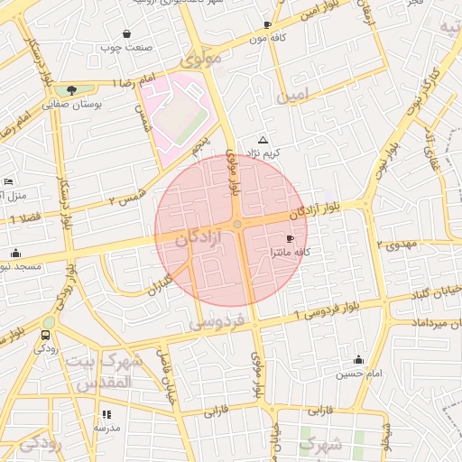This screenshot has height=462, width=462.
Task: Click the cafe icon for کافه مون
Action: pyautogui.click(x=267, y=24)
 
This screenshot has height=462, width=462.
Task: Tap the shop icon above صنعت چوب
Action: pyautogui.click(x=137, y=32)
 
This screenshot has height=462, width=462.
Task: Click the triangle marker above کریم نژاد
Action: pyautogui.click(x=263, y=140)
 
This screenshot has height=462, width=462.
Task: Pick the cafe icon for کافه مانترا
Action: pyautogui.click(x=289, y=238)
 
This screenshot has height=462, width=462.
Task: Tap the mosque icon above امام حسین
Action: pyautogui.click(x=358, y=359)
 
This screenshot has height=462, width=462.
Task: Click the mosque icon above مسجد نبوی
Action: pyautogui.click(x=15, y=253)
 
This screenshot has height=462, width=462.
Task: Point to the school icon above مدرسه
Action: pyautogui.click(x=107, y=415)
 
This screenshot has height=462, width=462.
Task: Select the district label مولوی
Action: pyautogui.click(x=201, y=61)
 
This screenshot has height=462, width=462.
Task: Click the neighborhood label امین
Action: pyautogui.click(x=295, y=94)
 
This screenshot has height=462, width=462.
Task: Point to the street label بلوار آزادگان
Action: pyautogui.click(x=315, y=208)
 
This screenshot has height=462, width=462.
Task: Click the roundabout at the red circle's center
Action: pyautogui.click(x=236, y=224)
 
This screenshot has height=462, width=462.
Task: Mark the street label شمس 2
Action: pyautogui.click(x=125, y=198)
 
